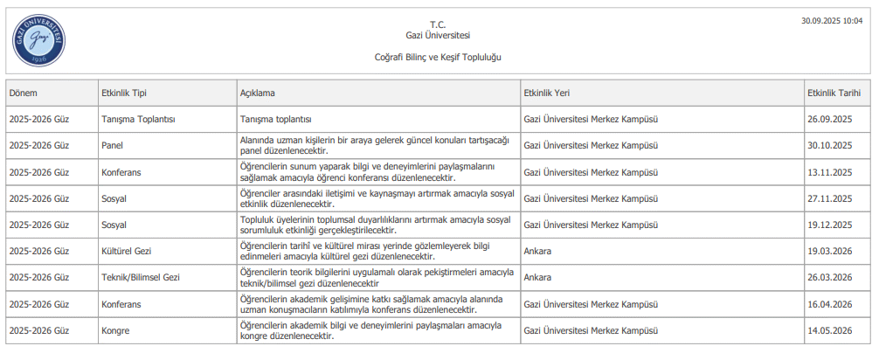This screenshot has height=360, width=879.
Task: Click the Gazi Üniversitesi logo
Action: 40,40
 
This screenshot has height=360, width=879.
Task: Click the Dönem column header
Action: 24,93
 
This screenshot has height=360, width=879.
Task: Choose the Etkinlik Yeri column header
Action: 547,93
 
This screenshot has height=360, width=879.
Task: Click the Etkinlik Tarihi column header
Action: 834,93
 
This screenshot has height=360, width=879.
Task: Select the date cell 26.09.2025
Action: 829,119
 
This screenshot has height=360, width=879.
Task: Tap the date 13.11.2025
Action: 829,172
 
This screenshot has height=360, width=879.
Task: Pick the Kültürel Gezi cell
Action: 127,252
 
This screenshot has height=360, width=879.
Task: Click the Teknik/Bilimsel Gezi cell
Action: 141,278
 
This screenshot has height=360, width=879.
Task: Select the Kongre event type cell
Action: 115,331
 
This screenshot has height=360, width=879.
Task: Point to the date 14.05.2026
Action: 829,331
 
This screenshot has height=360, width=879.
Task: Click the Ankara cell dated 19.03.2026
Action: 537,252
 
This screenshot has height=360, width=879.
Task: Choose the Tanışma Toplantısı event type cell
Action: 139,119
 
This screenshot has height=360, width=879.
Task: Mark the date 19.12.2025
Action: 829,225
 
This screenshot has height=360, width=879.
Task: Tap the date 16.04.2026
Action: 829,304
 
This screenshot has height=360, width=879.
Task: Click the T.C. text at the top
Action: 438,24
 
